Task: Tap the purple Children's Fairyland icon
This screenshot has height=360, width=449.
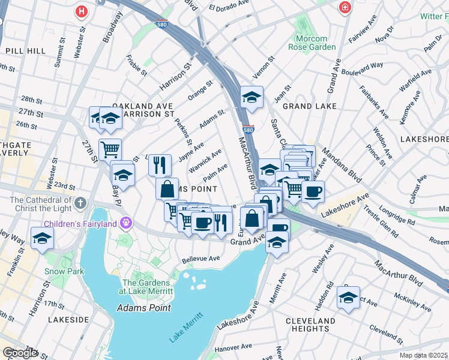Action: tap(125, 224)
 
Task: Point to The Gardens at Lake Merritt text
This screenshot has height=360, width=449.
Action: tap(148, 287)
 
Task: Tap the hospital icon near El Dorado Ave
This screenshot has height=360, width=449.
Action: tap(345, 8)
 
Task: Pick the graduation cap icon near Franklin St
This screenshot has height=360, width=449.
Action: tap(42, 239)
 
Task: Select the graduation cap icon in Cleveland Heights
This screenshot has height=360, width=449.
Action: tap(348, 298)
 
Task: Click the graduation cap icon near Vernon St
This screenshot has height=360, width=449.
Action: tap(252, 97)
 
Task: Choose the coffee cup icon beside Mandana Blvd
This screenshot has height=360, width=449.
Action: tap(313, 192)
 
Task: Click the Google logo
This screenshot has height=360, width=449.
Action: tap(20, 353)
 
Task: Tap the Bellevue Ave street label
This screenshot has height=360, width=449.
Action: tap(200, 260)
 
